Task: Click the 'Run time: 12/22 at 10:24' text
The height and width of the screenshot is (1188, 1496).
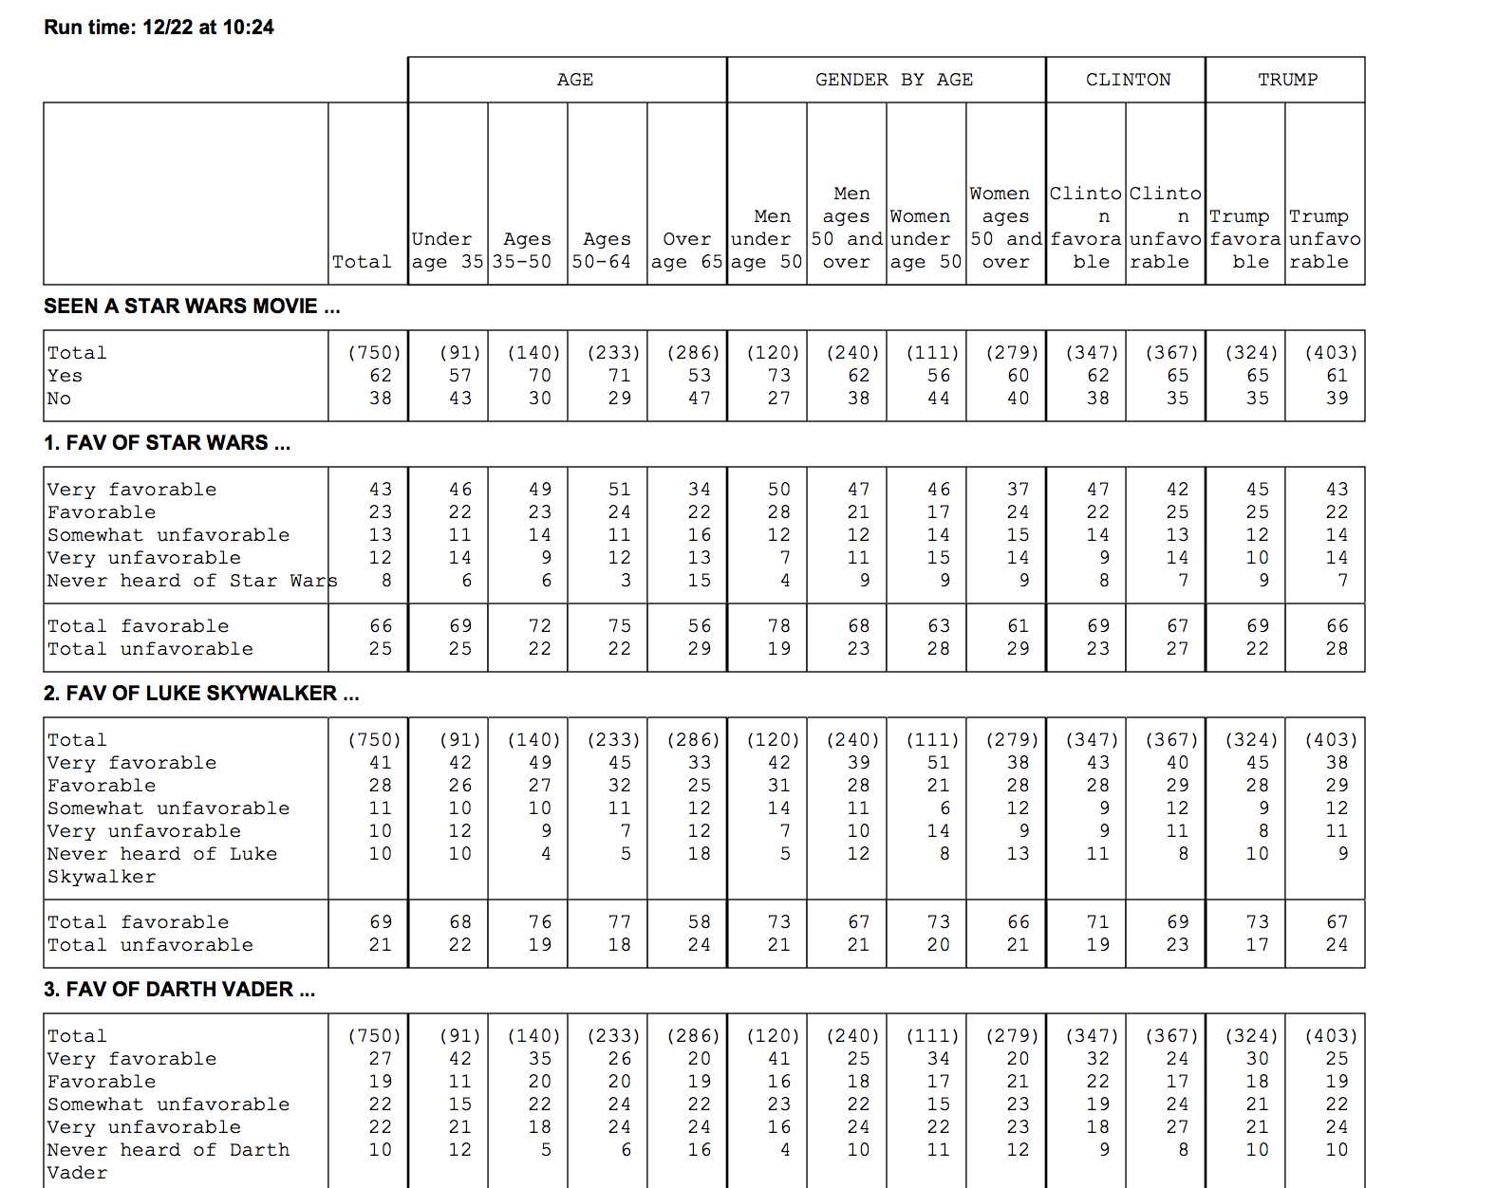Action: coord(159,28)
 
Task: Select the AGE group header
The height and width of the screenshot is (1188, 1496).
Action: coord(575,80)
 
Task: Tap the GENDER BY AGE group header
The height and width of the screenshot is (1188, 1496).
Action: coord(893,80)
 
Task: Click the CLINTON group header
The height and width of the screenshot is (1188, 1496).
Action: coord(1128,80)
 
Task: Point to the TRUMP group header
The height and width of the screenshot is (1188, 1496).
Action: coord(1287,80)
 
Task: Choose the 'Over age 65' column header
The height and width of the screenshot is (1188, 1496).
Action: coord(686,251)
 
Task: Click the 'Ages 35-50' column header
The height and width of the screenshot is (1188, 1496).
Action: coord(527,251)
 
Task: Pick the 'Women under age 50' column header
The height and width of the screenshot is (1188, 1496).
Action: coord(926,239)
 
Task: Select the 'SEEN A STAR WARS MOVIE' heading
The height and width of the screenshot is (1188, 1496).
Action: coord(191,306)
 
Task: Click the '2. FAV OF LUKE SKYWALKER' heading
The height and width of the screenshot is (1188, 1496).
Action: coord(200,694)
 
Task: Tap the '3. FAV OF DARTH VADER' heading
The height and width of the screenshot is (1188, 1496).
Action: coord(178,990)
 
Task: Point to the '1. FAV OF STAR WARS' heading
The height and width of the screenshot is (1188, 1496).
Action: coord(166,443)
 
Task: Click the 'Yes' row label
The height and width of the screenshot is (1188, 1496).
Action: coord(65,376)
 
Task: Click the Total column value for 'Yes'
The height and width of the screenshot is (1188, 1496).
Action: coord(381,376)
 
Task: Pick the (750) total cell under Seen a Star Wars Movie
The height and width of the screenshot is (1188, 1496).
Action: coord(374,353)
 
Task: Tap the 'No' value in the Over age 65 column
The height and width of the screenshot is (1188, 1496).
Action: coord(700,399)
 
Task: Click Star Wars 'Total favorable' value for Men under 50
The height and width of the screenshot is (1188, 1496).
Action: coord(779,626)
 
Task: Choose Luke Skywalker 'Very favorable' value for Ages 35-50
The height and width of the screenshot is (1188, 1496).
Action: coord(540,763)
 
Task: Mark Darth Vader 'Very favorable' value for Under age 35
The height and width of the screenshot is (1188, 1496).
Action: coord(460,1059)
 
